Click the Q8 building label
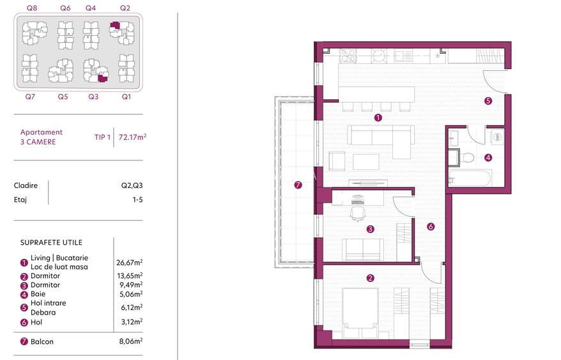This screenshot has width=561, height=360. pos(31,8)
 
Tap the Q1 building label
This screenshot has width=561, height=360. pos(126,97)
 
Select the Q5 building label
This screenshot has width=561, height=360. pos(63,97)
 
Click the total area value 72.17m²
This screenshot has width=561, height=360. pos(133,136)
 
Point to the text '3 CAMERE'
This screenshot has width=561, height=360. pos(38,141)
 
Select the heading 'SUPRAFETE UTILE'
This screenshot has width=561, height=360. pos(51,243)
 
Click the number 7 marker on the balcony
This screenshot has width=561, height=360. pos(298,185)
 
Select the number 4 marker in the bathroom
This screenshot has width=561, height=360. pos(488,157)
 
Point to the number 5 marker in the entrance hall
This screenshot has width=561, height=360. pos(488,100)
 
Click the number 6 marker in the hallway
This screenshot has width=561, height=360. pos(431,226)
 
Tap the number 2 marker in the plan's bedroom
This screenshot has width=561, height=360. pos(370,278)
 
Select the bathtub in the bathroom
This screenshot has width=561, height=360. pos(469,178)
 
